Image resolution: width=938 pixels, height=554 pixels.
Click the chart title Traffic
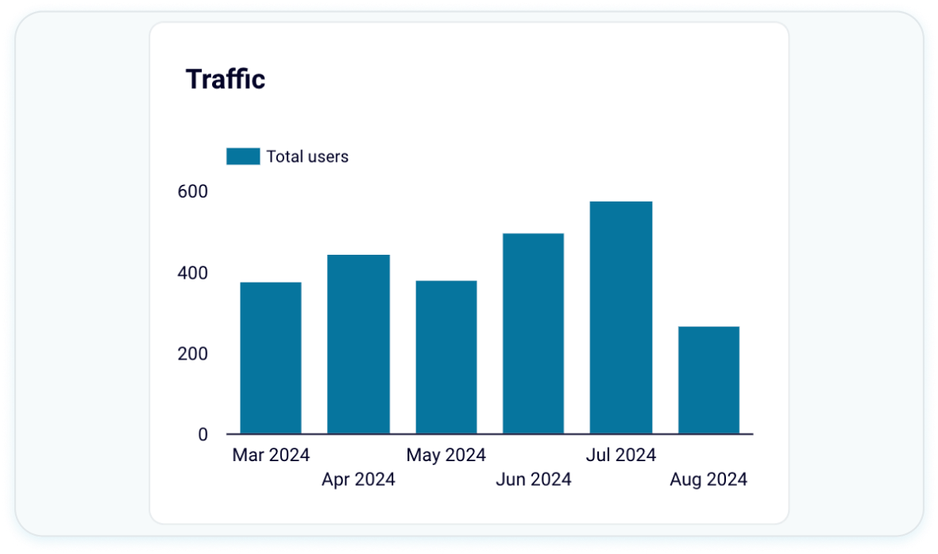(x=226, y=79)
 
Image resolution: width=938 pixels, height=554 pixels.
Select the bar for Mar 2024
(x=271, y=358)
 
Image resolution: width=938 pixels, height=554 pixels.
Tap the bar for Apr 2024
(x=358, y=344)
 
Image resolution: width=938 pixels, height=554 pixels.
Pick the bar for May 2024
(x=446, y=357)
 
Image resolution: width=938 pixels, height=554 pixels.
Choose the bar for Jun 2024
(x=533, y=333)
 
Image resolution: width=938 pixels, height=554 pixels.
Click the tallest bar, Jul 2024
(x=621, y=317)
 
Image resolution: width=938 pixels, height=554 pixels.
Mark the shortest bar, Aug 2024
(x=708, y=380)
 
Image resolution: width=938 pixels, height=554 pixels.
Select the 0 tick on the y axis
(x=203, y=435)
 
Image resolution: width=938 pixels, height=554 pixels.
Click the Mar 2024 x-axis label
(x=271, y=456)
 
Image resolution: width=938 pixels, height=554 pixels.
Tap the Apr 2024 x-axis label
(x=358, y=480)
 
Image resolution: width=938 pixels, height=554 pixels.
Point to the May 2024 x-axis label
(x=446, y=456)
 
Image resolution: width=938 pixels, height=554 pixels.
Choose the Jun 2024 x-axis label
(x=533, y=480)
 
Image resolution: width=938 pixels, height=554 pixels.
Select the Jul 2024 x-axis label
(x=621, y=456)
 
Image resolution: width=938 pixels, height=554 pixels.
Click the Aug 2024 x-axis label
(x=708, y=480)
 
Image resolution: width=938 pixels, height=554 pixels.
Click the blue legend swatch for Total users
(x=243, y=156)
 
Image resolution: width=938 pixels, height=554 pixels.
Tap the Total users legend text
(x=307, y=156)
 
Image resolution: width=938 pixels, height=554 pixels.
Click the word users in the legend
(x=327, y=156)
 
